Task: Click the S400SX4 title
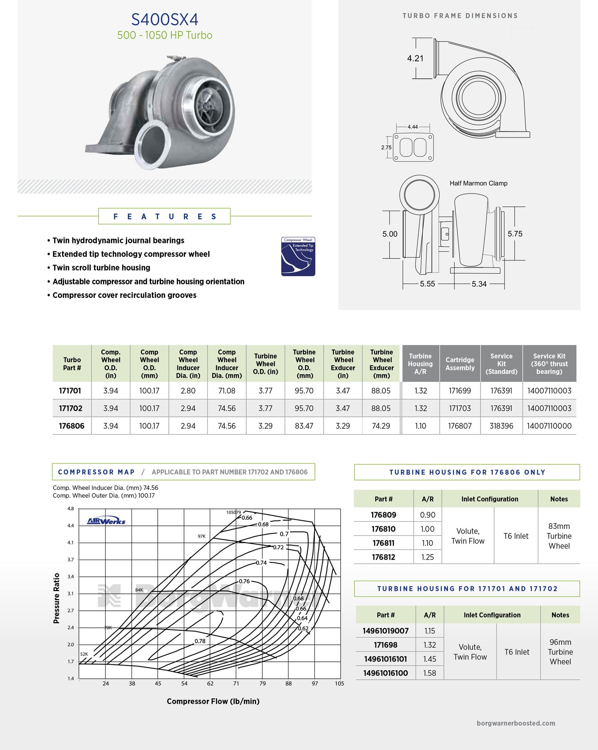pos(165,19)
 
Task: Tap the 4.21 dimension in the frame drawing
pos(415,58)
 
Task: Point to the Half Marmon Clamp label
pos(478,183)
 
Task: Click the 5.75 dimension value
pos(515,234)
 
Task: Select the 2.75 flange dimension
pos(386,147)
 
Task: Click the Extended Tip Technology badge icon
pos(298,256)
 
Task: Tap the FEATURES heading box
pos(164,216)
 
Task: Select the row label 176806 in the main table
pos(72,426)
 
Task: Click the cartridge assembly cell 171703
pos(460,408)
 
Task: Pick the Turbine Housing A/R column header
pos(420,364)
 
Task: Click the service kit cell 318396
pos(501,426)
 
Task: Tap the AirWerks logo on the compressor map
pos(106,521)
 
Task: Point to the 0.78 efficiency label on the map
pos(200,641)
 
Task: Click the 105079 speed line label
pos(233,512)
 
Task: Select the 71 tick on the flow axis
pos(236,683)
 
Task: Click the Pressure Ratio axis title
pos(57,598)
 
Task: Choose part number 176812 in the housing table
pos(383,557)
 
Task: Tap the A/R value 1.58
pos(430,673)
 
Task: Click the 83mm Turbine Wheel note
pos(559,536)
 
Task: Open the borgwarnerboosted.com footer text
pos(516,723)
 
